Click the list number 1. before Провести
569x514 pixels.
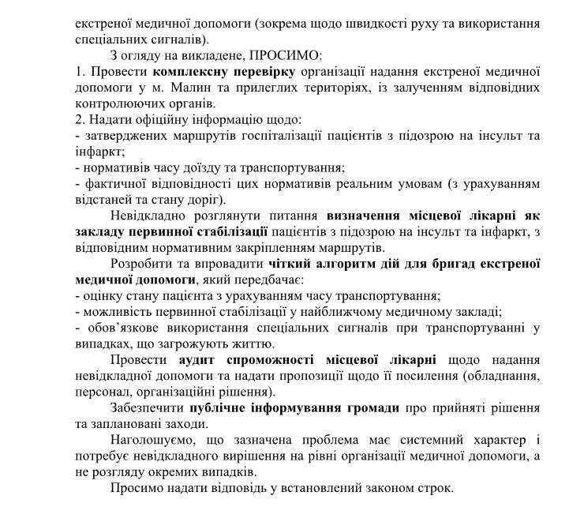pos(80,72)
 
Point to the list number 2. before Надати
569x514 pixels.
pos(80,119)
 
